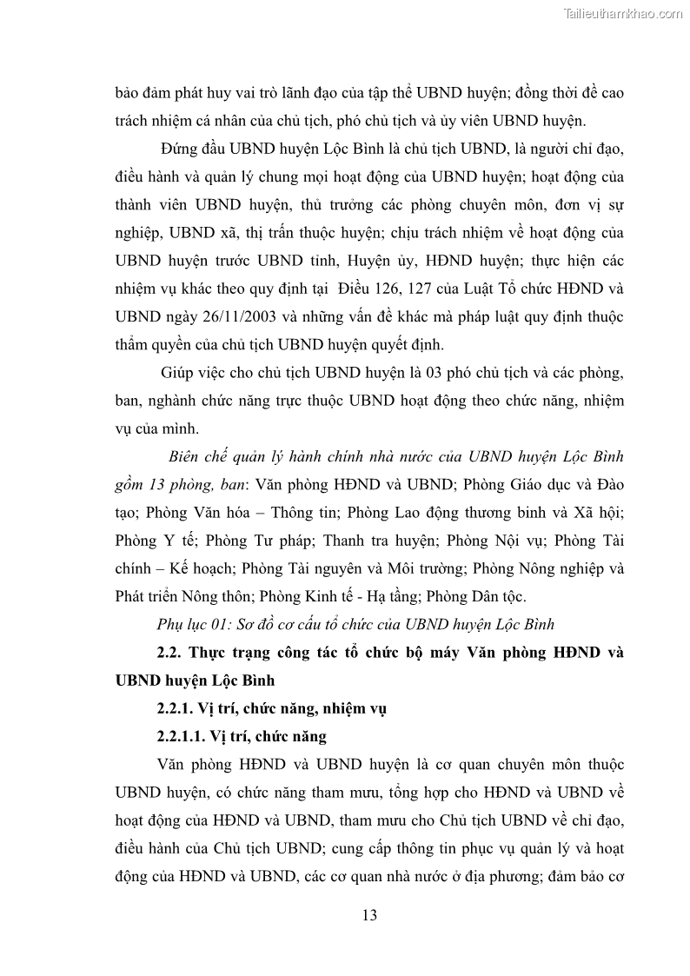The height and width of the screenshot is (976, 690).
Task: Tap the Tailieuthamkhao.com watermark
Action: tap(623, 14)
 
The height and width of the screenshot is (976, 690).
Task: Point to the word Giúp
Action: tap(179, 373)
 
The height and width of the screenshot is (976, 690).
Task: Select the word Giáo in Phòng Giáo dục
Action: tap(523, 484)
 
